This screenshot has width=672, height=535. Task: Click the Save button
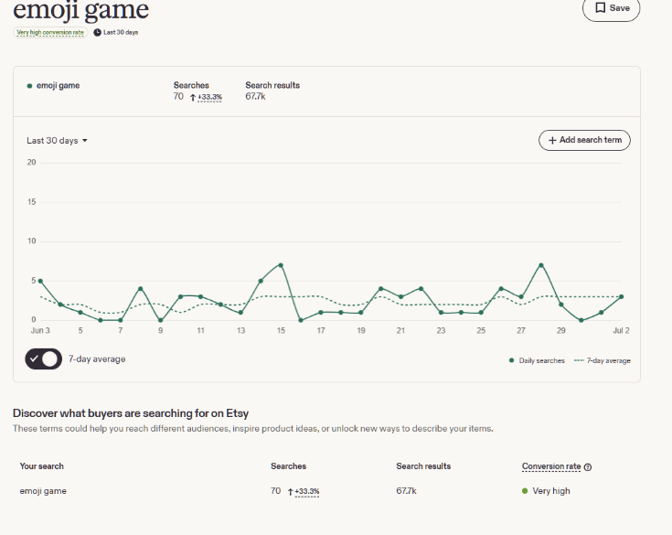tap(611, 8)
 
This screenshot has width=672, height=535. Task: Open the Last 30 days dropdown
tap(57, 141)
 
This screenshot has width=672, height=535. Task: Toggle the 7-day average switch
tap(43, 359)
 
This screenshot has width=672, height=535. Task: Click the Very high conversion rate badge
tap(50, 32)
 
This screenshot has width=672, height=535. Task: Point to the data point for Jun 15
tap(281, 265)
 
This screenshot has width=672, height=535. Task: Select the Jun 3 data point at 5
tap(40, 282)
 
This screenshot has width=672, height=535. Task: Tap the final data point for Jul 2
tap(622, 296)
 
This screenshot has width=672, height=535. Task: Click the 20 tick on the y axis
tap(31, 163)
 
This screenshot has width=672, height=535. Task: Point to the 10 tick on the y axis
tap(32, 241)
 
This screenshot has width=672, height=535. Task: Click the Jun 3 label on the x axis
tap(40, 330)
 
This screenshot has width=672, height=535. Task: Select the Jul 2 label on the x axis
tap(621, 330)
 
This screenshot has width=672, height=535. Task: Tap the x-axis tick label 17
tap(321, 330)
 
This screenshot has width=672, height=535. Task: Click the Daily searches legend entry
tap(537, 360)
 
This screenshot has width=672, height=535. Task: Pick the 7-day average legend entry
tap(603, 360)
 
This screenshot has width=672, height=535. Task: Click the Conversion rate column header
tap(551, 466)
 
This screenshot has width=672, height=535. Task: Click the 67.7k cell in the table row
tap(406, 491)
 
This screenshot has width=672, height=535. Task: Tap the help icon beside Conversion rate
tap(588, 467)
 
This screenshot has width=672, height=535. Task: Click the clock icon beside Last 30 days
tap(97, 32)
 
